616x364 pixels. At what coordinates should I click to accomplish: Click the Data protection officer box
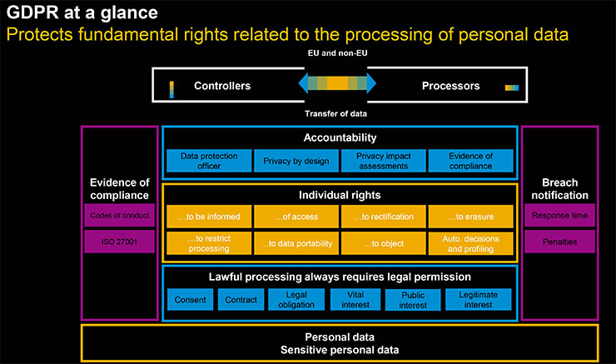[209, 161]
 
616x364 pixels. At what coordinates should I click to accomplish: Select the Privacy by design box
[296, 161]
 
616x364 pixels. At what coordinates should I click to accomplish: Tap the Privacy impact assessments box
[383, 161]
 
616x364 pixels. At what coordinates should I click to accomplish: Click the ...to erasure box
[470, 217]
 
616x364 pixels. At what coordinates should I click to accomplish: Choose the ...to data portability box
[296, 243]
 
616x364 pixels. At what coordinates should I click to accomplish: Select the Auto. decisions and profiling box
[470, 243]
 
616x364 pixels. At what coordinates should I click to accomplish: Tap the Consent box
[190, 299]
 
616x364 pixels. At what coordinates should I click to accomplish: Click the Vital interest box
[353, 299]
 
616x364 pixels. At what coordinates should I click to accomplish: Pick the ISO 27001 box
[119, 243]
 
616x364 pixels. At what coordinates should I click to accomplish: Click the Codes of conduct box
[119, 217]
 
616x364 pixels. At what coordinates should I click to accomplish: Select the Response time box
[559, 217]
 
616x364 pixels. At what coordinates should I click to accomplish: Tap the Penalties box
[559, 243]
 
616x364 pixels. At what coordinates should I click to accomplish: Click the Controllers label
[221, 86]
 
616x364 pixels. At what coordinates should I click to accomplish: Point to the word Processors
[450, 86]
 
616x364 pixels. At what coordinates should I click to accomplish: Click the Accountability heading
[340, 137]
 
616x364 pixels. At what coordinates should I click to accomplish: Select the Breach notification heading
[559, 189]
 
